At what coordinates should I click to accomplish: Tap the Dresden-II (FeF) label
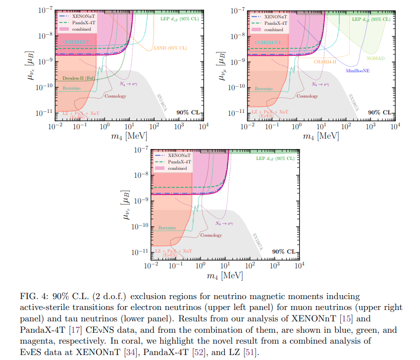coord(79,78)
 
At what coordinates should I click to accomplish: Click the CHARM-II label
coord(324,62)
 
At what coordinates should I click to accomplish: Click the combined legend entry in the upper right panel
coord(274,30)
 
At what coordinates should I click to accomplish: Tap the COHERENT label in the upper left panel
coord(76,42)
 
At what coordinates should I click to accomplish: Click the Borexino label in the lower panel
coord(167,228)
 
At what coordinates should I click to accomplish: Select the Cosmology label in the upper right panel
coord(307,96)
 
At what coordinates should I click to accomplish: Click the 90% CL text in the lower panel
coord(284,251)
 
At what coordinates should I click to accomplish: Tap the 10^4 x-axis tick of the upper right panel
coord(395,127)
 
